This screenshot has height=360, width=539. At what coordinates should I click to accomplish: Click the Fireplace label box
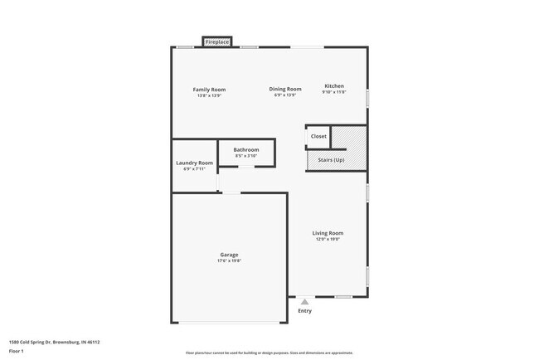[217, 41]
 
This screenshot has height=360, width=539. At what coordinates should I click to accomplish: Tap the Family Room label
[209, 90]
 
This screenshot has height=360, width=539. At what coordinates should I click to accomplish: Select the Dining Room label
[285, 89]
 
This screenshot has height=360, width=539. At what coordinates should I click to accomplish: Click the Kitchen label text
[334, 86]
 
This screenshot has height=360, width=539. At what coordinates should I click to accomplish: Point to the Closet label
[318, 136]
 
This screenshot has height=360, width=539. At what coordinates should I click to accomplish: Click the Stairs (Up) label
[326, 159]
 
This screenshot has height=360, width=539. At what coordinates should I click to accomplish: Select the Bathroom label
[246, 149]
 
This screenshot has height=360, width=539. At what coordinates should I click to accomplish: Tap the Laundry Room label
[194, 163]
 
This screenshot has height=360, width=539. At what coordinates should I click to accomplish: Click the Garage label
[229, 255]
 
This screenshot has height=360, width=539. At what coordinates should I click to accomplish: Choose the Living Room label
[328, 233]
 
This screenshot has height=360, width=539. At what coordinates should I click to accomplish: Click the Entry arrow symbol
[304, 302]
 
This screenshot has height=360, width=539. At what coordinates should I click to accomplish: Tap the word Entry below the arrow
[304, 311]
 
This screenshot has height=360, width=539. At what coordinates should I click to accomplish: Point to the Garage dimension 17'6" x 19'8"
[229, 261]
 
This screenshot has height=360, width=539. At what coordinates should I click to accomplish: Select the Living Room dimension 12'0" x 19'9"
[328, 240]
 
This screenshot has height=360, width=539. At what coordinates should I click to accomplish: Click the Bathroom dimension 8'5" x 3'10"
[246, 156]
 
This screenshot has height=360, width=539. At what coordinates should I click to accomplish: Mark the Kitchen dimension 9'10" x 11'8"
[334, 93]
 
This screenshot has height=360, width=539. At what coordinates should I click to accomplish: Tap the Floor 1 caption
[17, 352]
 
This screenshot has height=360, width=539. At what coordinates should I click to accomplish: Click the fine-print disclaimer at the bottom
[269, 353]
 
